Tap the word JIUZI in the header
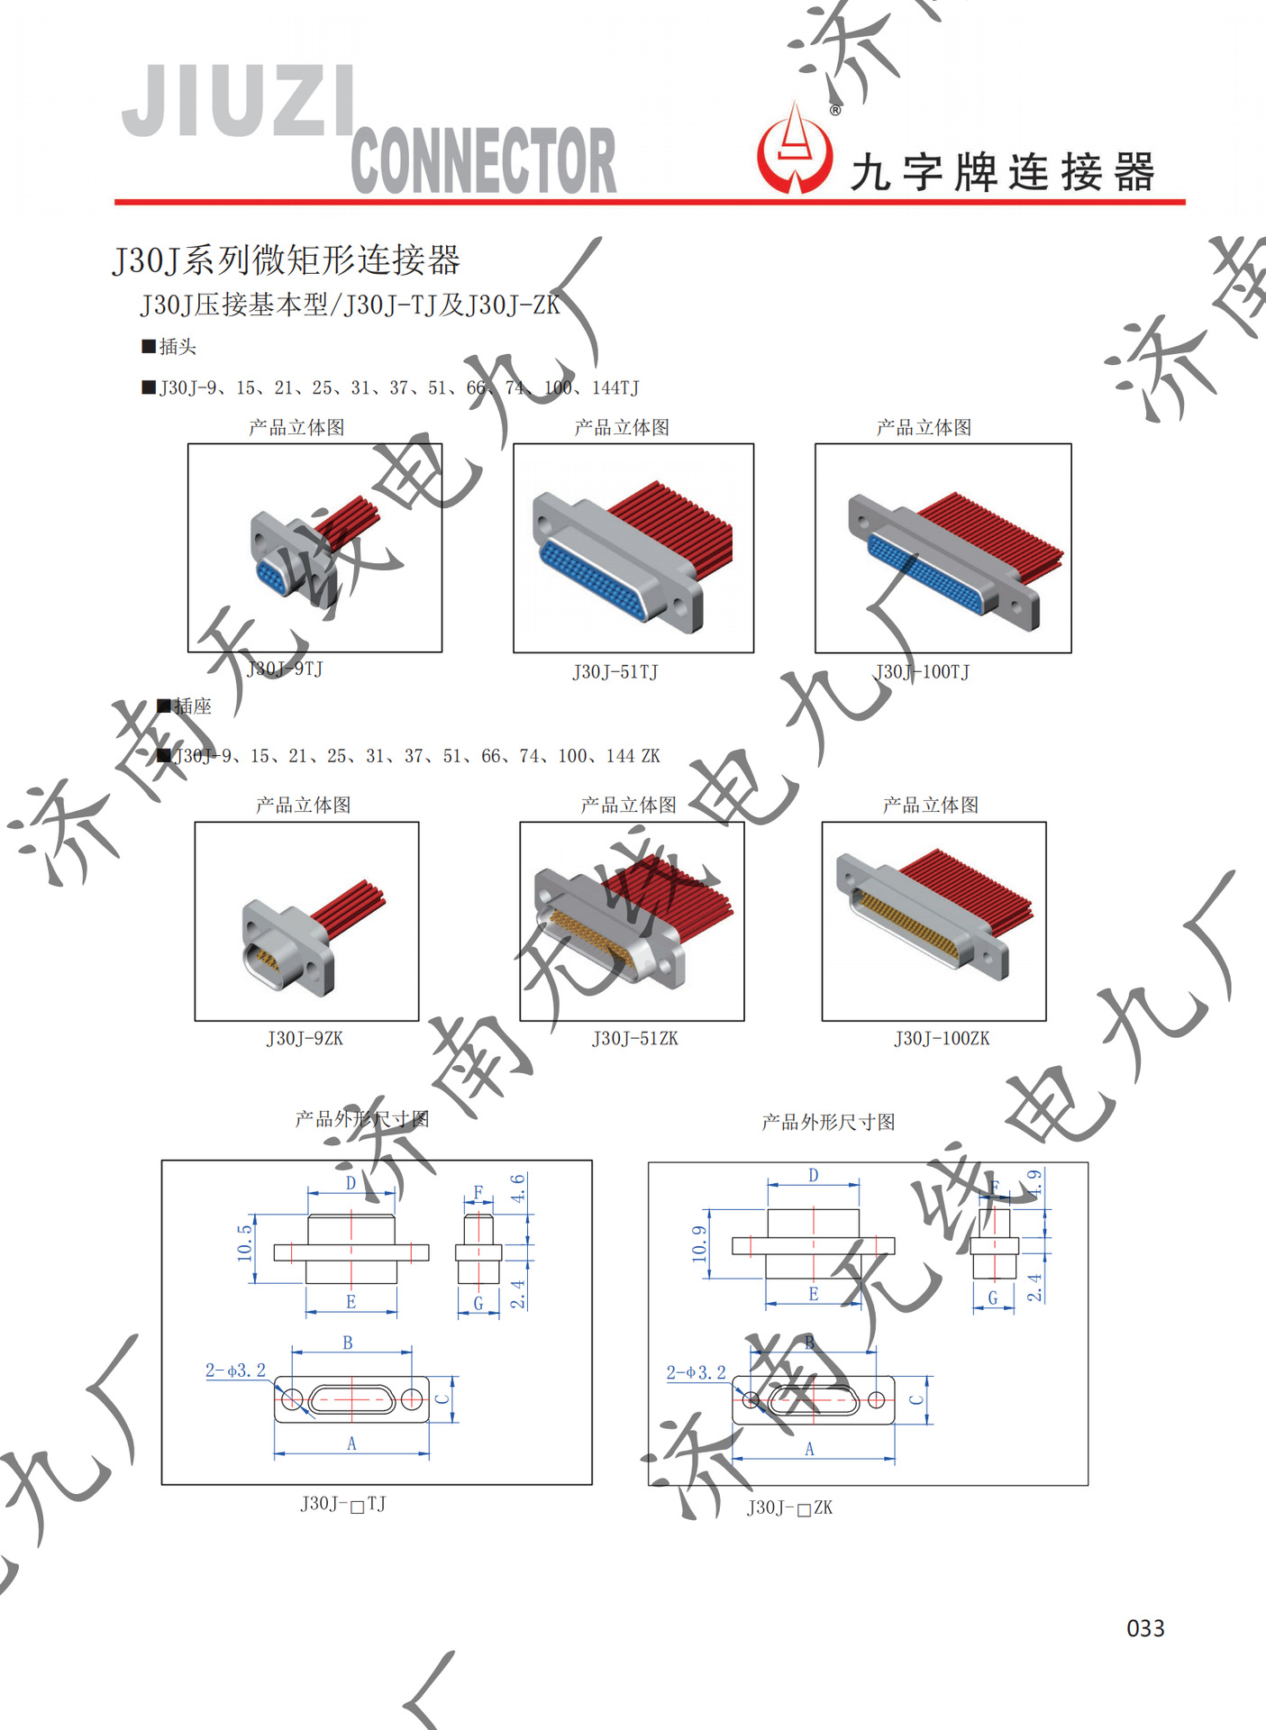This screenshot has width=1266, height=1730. pos(239,101)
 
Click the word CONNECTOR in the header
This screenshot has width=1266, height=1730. pos(483,160)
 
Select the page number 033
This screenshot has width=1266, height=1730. pos(1145,1628)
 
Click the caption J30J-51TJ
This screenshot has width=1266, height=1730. pos(615,672)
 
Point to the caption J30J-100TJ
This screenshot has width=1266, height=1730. pos(922,672)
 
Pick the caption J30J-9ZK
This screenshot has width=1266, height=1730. pos(305,1039)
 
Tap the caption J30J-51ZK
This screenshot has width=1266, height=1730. pos(635,1039)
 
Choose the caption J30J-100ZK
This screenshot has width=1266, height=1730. pos(942,1039)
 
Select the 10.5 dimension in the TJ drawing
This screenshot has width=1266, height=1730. pos(244,1243)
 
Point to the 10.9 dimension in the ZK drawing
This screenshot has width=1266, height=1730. pos(699,1243)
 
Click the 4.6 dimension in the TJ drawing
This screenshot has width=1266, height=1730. pos(518,1188)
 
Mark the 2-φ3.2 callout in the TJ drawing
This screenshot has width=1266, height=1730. pos(236,1370)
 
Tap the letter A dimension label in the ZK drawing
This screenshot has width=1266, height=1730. pos(809,1449)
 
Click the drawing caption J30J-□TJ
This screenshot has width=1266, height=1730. pos(343,1504)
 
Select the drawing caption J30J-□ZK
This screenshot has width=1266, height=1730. pos(789,1507)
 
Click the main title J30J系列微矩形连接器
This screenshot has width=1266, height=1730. pos(287,260)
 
